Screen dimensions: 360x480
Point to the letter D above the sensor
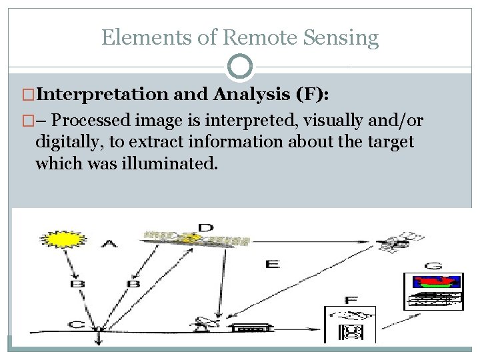tap(206, 228)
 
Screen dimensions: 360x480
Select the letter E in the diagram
tap(272, 264)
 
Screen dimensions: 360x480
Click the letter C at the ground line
tap(77, 325)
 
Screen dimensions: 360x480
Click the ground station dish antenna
tap(201, 324)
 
